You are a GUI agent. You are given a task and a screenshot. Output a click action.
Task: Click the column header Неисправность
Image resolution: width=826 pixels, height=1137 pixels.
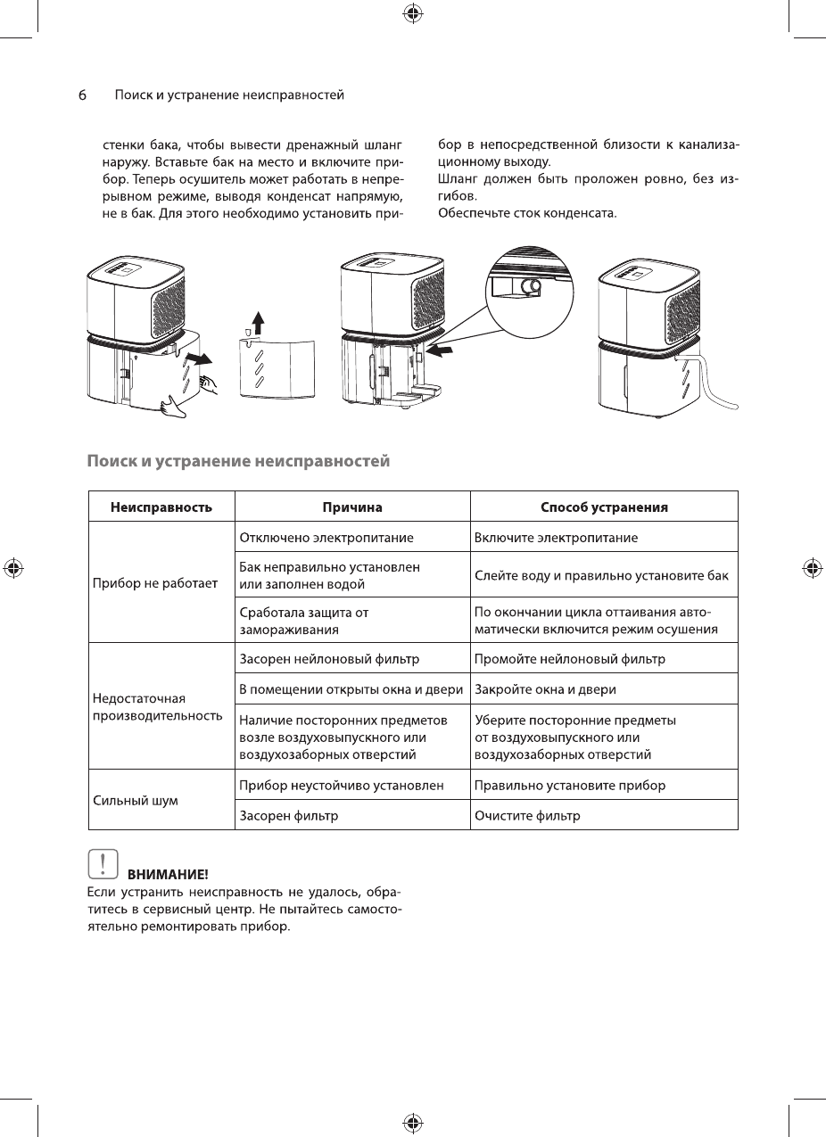pyautogui.click(x=161, y=507)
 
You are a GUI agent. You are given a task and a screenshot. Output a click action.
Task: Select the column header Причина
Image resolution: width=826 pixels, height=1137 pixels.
pyautogui.click(x=352, y=507)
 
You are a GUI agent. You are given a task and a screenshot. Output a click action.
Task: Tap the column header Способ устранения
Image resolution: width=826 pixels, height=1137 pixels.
pyautogui.click(x=604, y=507)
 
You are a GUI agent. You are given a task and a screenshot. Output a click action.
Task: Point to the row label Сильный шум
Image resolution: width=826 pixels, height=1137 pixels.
pyautogui.click(x=136, y=800)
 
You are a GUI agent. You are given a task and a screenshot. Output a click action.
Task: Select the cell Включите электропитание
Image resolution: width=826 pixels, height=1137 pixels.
pyautogui.click(x=556, y=538)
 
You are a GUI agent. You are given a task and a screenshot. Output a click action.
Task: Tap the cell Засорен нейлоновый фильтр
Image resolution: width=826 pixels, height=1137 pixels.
pyautogui.click(x=330, y=659)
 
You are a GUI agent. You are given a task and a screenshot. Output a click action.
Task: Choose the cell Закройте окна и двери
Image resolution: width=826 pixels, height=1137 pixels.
pyautogui.click(x=545, y=689)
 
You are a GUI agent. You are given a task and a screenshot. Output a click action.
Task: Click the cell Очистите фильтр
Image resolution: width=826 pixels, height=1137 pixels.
pyautogui.click(x=527, y=815)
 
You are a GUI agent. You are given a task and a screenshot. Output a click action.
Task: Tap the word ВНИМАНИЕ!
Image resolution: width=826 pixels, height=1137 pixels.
pyautogui.click(x=168, y=872)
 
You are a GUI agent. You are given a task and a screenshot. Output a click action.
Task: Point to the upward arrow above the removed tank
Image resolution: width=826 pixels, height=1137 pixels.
pyautogui.click(x=258, y=322)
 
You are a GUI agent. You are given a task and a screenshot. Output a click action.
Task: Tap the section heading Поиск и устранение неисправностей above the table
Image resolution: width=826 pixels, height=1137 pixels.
pyautogui.click(x=239, y=462)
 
